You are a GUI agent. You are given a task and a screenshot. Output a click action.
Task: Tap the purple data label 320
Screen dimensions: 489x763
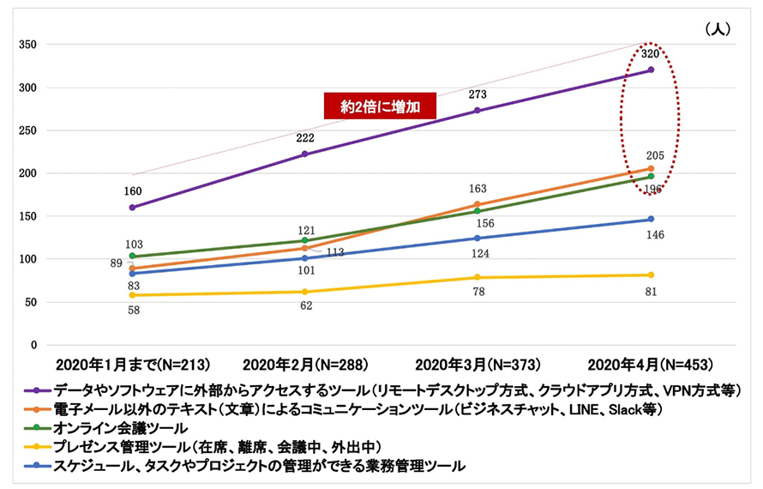coord(651,53)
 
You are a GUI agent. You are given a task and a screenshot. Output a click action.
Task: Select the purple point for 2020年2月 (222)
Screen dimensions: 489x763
coord(304,154)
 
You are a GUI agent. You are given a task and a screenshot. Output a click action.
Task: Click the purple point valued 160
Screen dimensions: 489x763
coord(132,207)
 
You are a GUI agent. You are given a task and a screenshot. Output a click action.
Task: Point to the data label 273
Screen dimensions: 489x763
coord(477,94)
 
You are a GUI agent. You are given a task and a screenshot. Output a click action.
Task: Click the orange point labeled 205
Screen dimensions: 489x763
coord(651,168)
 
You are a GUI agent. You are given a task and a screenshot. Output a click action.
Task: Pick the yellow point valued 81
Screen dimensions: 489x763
coord(651,275)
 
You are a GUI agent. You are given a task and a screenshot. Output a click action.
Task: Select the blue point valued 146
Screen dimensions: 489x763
coord(651,219)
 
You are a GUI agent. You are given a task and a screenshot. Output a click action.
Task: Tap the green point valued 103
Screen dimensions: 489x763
coord(132,256)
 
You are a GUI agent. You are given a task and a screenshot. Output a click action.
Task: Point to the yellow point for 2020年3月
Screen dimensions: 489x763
coord(477,277)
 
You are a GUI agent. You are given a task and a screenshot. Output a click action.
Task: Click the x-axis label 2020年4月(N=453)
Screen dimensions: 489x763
coord(651,364)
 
